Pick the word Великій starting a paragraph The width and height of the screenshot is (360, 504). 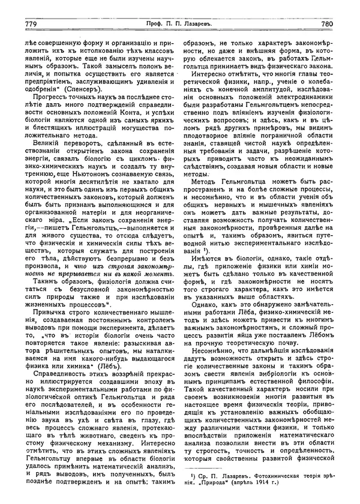click(47, 155)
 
